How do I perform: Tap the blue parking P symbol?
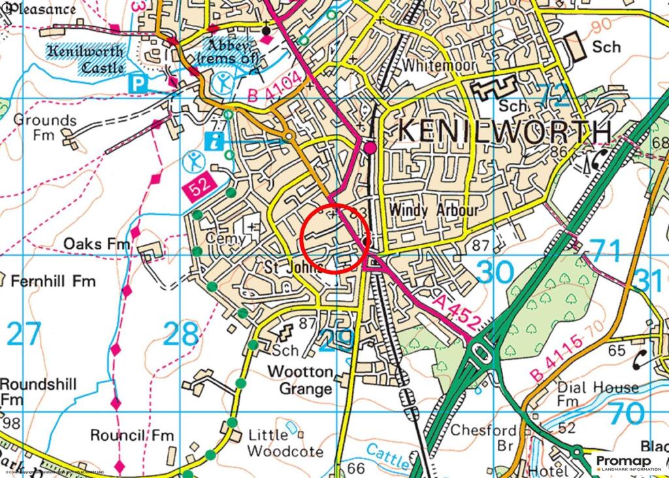click(138, 83)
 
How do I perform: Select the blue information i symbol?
click(212, 139)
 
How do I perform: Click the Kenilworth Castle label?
click(84, 59)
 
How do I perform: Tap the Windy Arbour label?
click(434, 211)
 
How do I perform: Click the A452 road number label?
click(457, 312)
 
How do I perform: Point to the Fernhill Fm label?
click(53, 281)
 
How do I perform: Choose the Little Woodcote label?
click(286, 443)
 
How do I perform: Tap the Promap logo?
click(628, 463)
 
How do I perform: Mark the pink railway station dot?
click(370, 148)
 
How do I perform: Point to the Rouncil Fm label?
click(132, 435)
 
